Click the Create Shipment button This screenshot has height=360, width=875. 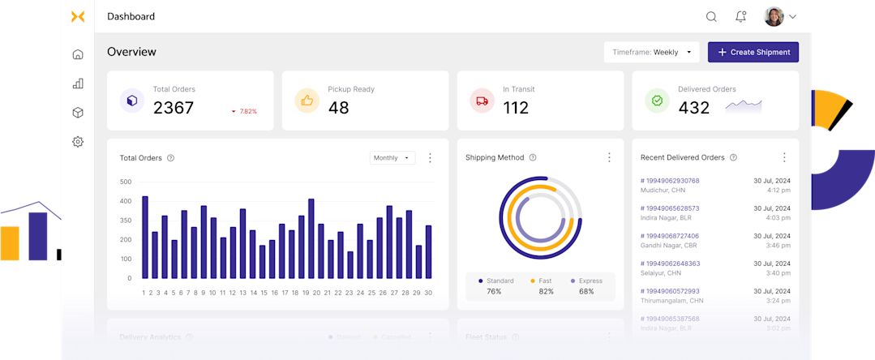(x=753, y=52)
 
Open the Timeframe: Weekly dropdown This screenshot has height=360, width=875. (x=651, y=52)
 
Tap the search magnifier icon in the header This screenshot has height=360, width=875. (x=711, y=16)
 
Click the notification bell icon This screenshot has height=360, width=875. (x=740, y=16)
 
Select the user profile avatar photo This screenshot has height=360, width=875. (x=774, y=16)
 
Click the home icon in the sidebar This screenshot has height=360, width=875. (x=78, y=54)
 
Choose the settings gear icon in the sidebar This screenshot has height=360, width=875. (x=78, y=142)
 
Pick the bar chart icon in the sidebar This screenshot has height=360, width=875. (x=78, y=84)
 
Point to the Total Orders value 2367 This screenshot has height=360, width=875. (x=174, y=108)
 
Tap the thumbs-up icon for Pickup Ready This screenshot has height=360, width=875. (x=307, y=101)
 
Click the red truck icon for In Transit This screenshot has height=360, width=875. (x=482, y=101)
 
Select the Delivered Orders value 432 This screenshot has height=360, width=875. (x=693, y=108)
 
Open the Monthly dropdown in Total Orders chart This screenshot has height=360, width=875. (x=392, y=158)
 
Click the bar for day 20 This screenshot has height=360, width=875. (x=311, y=238)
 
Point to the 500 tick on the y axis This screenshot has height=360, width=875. (x=126, y=182)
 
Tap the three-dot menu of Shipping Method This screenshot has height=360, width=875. (x=609, y=157)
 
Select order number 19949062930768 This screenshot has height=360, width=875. (x=670, y=181)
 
